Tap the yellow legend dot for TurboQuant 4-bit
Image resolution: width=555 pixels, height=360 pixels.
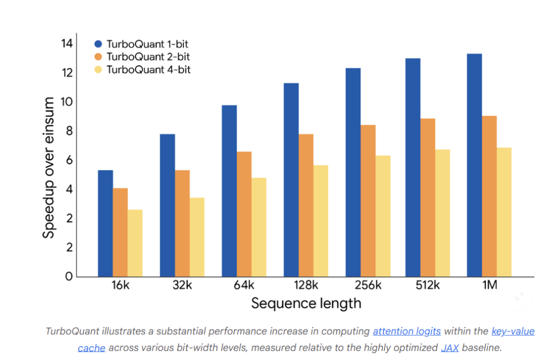click(x=98, y=70)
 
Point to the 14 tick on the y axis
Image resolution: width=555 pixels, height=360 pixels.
click(x=67, y=44)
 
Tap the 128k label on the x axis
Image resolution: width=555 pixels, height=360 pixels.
click(x=306, y=286)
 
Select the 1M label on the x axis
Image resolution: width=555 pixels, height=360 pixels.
click(x=489, y=286)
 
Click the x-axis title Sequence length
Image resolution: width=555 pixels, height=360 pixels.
click(x=306, y=304)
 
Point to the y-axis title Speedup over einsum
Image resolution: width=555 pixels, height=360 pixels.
click(x=49, y=168)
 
